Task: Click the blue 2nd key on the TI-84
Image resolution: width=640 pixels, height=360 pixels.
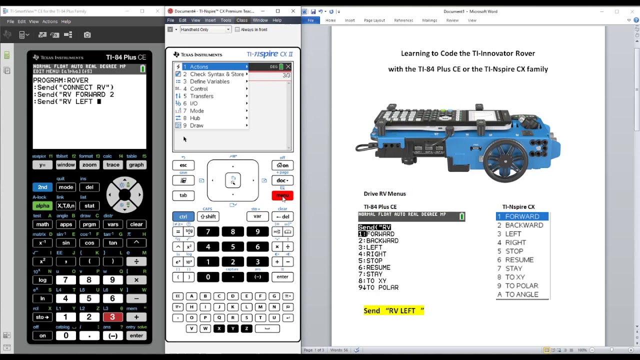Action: point(42,187)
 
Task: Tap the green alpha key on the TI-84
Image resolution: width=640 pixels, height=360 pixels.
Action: point(42,205)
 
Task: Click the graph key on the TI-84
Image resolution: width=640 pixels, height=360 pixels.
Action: point(136,165)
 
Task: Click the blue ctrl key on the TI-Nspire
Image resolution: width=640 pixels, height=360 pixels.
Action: point(183,216)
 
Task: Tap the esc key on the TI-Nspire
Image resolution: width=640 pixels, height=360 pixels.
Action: point(183,165)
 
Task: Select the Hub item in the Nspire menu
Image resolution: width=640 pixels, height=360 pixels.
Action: point(195,118)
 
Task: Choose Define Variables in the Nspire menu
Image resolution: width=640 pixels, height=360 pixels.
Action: point(209,81)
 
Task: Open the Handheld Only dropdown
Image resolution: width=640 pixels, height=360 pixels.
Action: point(205,29)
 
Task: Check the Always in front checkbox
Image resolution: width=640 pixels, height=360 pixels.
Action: point(237,29)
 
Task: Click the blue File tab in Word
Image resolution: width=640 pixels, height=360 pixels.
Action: point(310,20)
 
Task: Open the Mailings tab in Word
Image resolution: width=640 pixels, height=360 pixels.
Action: point(429,20)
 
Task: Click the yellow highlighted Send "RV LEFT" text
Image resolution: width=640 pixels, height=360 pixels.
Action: point(393,310)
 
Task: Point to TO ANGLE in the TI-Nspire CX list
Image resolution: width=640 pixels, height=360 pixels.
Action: point(521,294)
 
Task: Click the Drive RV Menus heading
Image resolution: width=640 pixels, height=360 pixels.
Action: point(384,193)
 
